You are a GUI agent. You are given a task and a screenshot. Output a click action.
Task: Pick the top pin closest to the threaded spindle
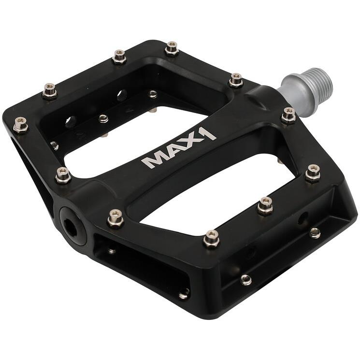point(288,115)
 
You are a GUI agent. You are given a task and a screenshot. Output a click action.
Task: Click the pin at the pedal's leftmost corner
point(20,125)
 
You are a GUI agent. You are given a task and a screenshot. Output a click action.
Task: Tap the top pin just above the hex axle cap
point(115,218)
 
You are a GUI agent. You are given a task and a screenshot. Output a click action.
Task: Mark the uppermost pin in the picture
point(172,48)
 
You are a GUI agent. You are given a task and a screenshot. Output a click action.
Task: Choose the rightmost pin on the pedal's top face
point(313,172)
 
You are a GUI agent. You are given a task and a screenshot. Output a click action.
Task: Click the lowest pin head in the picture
point(184,293)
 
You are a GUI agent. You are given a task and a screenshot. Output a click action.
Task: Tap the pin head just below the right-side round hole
point(315,232)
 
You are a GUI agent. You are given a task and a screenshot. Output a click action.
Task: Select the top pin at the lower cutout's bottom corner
point(211,238)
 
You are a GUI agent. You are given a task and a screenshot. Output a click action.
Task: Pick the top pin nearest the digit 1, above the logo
point(236,80)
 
